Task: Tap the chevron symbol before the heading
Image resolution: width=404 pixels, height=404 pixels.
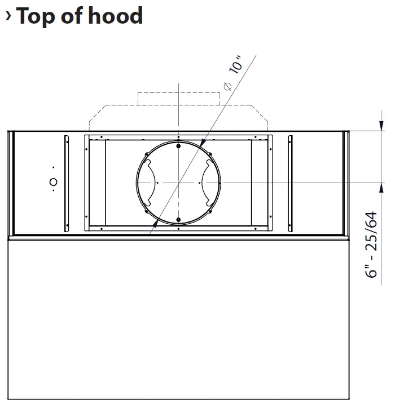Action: (8, 16)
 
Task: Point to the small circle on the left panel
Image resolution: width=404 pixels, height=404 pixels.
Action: (53, 181)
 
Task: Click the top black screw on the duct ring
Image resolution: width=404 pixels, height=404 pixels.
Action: (178, 146)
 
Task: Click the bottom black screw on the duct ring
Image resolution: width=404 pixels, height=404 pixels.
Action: (178, 220)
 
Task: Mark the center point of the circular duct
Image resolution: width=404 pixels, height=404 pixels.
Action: (178, 183)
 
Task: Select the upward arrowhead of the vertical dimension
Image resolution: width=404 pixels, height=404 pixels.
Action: (382, 188)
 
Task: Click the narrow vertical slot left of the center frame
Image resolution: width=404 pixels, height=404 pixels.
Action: (67, 183)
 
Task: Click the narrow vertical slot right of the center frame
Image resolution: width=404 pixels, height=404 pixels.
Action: (290, 183)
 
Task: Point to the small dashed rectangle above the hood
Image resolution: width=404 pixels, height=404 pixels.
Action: (178, 98)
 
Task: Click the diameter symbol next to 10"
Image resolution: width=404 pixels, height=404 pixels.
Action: (227, 86)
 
